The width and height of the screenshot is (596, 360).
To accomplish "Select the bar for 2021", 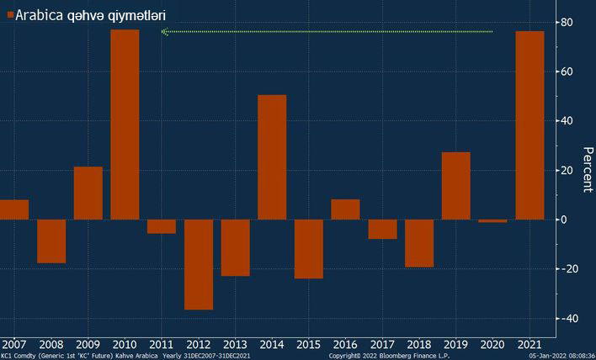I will click(x=529, y=125).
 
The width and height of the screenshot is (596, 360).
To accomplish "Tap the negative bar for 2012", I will click(x=199, y=264).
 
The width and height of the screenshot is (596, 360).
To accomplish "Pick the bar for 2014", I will click(x=272, y=157).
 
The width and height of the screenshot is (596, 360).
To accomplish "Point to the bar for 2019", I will click(x=455, y=186).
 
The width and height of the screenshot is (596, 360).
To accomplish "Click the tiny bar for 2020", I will click(x=492, y=220).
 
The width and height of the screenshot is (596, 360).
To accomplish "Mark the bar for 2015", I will click(x=309, y=249).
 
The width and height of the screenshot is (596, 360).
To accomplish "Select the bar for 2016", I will click(x=345, y=209).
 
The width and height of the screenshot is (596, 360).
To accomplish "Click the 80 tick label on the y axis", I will click(x=568, y=23).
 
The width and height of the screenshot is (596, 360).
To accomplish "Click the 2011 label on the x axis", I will click(x=161, y=344).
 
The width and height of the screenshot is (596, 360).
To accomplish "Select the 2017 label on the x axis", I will click(x=382, y=344).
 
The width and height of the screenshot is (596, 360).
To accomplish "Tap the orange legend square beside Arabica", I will click(x=9, y=15).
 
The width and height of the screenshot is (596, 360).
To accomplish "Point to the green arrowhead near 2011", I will click(x=164, y=32).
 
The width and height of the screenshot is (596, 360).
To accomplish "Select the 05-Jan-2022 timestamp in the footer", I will click(x=561, y=356).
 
